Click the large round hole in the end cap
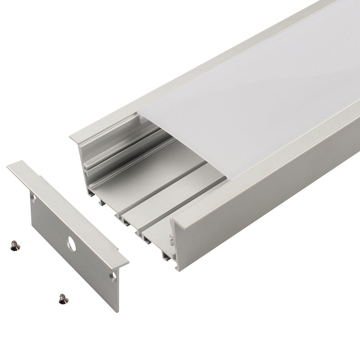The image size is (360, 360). tap(71, 244)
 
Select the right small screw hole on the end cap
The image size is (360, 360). tap(114, 276)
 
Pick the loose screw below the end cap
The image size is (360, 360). tap(63, 299)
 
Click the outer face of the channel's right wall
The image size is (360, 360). tap(266, 202)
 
